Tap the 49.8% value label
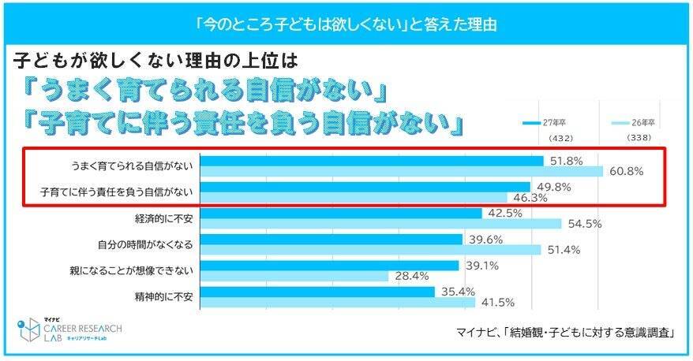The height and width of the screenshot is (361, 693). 551,187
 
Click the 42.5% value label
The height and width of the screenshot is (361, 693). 502,213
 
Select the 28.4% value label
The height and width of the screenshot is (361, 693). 410,276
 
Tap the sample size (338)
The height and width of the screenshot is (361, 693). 639,138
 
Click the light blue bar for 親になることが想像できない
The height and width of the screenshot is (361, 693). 294,276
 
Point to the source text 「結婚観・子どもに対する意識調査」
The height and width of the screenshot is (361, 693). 596,331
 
